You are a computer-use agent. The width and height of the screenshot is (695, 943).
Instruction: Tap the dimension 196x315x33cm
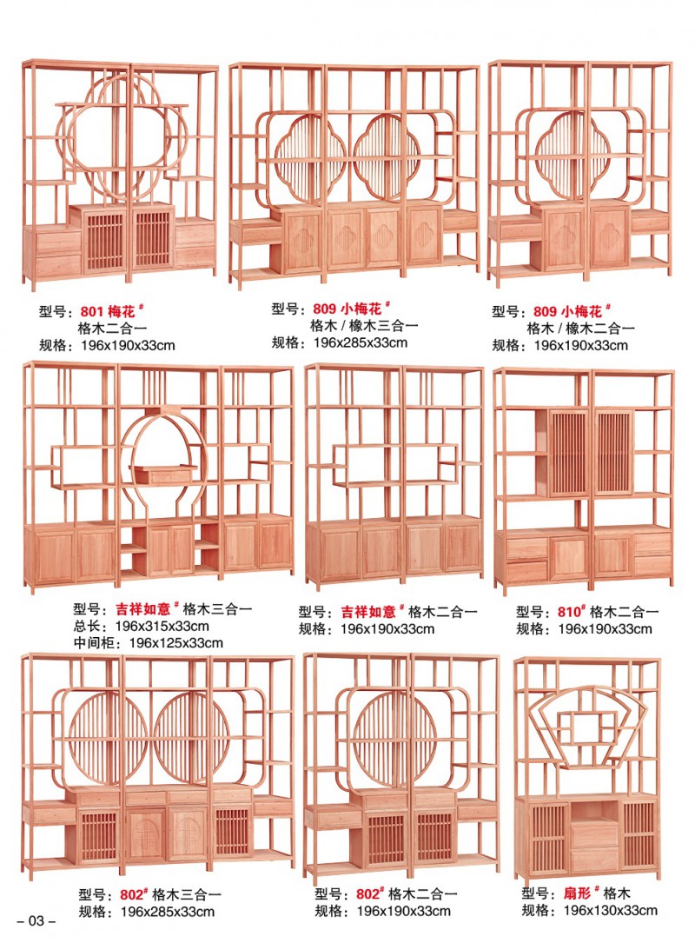click(164, 626)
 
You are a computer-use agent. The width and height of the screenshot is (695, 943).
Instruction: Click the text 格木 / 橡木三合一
click(364, 325)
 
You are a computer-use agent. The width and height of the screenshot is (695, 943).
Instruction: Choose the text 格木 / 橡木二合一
click(581, 328)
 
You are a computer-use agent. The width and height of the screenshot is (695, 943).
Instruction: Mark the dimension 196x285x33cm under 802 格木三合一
click(167, 911)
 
